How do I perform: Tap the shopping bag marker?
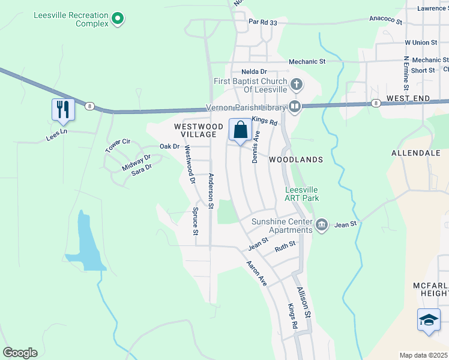[240, 130]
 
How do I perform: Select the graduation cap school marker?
[429, 320]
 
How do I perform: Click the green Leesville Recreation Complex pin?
[118, 19]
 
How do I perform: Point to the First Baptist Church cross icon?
[295, 84]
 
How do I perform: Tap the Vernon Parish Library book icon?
[294, 107]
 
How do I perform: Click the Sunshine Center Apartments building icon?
[322, 224]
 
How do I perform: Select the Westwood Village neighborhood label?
[195, 130]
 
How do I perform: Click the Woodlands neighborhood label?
[296, 160]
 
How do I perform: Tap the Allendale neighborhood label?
[416, 153]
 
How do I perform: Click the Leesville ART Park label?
[301, 194]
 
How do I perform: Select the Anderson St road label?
[211, 191]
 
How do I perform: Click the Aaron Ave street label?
[256, 272]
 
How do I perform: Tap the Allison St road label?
[304, 302]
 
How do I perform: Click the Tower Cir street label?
[118, 145]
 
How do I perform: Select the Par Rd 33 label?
[264, 22]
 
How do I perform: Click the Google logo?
[20, 353]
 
